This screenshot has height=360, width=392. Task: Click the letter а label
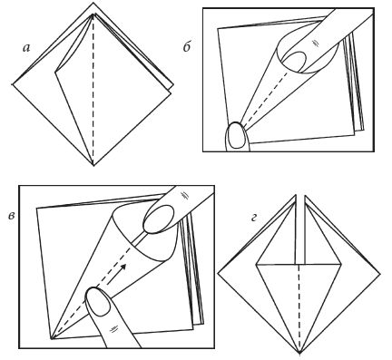(x=26, y=48)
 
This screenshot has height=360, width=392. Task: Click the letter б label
(x=187, y=47)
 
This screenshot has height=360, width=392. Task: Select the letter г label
(x=254, y=218)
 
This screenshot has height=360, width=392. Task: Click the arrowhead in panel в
(x=122, y=268)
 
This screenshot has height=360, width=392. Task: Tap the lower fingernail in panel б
(x=237, y=136)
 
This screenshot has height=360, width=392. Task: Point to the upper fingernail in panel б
(x=294, y=62)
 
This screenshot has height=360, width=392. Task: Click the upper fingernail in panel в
(x=158, y=219)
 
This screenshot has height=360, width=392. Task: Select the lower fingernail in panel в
(x=98, y=301)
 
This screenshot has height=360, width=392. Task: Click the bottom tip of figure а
(x=93, y=166)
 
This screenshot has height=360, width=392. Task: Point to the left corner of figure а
(x=12, y=84)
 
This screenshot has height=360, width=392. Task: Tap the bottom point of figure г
(x=299, y=353)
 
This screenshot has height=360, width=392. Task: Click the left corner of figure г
(x=218, y=274)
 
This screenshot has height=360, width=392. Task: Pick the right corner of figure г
(x=380, y=274)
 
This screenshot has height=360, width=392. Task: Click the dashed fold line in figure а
(x=93, y=90)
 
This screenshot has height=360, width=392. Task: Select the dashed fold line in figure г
(x=299, y=308)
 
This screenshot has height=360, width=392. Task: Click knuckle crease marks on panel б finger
(x=315, y=43)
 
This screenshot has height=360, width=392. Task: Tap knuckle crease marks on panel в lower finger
(x=113, y=329)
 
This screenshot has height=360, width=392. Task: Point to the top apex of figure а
(x=93, y=3)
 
